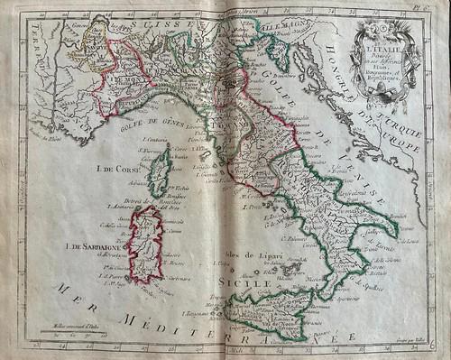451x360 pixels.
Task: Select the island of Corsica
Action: [x=161, y=171]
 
